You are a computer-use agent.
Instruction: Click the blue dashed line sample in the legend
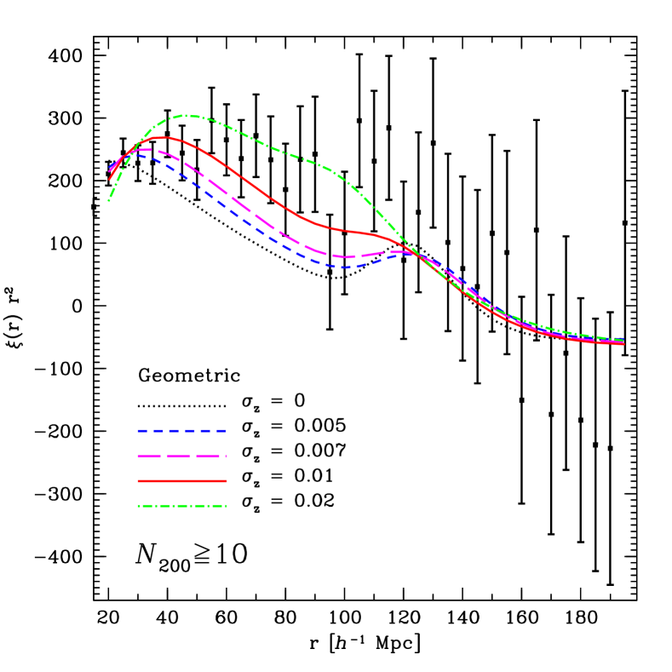pos(181,431)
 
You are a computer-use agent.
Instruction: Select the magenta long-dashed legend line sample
pos(181,457)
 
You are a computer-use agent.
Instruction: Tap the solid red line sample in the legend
pos(181,481)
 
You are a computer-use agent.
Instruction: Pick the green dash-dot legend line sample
pos(181,506)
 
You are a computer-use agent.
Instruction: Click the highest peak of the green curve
pos(185,115)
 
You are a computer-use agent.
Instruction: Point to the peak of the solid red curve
pos(161,137)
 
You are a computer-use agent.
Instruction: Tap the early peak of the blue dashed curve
pos(135,154)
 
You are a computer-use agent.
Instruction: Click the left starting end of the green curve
pos(109,201)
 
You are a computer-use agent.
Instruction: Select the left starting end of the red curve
pos(109,180)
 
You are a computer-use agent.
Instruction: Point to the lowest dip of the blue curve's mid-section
pos(342,267)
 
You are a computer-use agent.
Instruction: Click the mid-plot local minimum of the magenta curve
pos(346,256)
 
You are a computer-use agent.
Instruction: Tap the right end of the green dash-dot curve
pos(623,340)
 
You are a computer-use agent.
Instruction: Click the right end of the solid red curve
pos(623,344)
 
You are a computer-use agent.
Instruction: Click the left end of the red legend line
pos(139,481)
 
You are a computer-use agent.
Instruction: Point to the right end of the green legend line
pos(226,506)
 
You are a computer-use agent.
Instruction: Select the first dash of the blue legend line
pos(142,431)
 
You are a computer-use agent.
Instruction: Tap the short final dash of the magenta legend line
pos(225,457)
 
